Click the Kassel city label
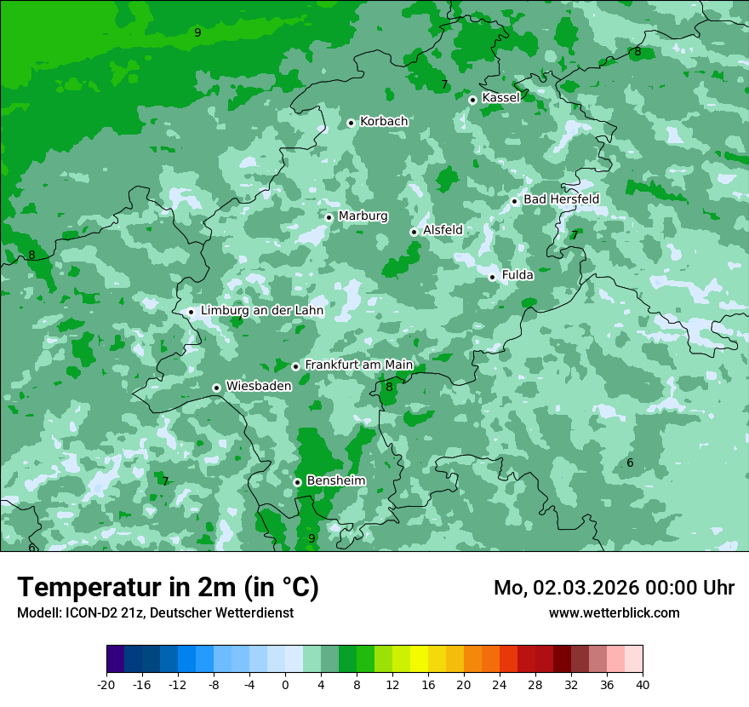(x=500, y=98)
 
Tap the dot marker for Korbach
(x=351, y=123)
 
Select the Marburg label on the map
(x=363, y=216)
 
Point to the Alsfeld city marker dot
(x=414, y=232)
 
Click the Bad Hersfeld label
(x=561, y=199)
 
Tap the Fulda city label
(x=517, y=275)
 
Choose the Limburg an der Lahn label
(x=261, y=311)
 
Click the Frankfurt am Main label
(x=358, y=365)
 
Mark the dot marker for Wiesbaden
(x=217, y=388)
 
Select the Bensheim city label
(x=335, y=480)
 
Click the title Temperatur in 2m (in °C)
(x=168, y=588)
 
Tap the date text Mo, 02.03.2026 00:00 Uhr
(x=614, y=588)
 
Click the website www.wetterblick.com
(x=614, y=612)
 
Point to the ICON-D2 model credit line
(x=155, y=612)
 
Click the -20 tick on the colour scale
(x=106, y=684)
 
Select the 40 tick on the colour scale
(x=643, y=684)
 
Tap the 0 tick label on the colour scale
(x=285, y=684)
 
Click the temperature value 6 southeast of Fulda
(x=630, y=463)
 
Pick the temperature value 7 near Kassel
(x=444, y=85)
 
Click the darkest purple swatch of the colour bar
(x=115, y=660)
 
